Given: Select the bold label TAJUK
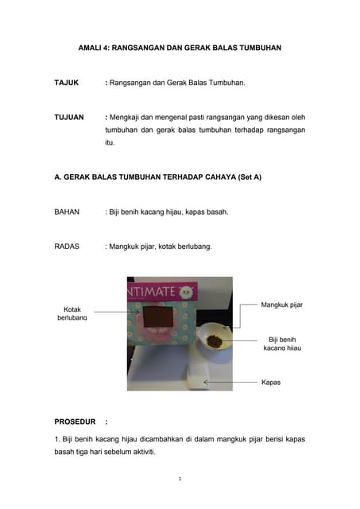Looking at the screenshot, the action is [66, 82].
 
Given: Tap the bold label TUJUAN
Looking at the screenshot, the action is [68, 117].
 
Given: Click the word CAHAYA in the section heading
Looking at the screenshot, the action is [209, 177].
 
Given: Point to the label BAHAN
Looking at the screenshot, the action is [68, 212].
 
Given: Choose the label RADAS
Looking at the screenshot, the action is [67, 247].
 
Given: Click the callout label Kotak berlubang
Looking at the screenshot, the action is [72, 313].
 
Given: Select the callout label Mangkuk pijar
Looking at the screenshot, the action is [281, 305].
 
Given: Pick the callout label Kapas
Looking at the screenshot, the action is [271, 382].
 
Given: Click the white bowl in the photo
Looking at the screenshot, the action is [214, 341].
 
